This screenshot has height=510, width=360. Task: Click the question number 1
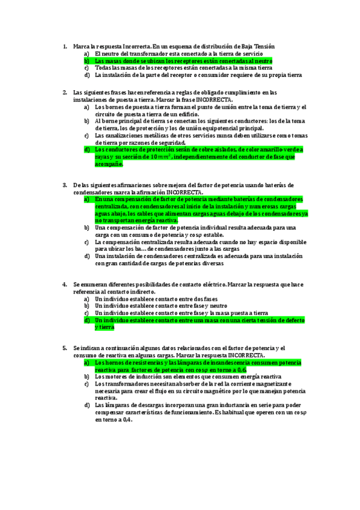[65, 46]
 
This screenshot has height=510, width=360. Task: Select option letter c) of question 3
[87, 242]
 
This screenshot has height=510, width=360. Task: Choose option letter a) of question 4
[87, 298]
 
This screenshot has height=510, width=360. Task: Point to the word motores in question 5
[118, 376]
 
